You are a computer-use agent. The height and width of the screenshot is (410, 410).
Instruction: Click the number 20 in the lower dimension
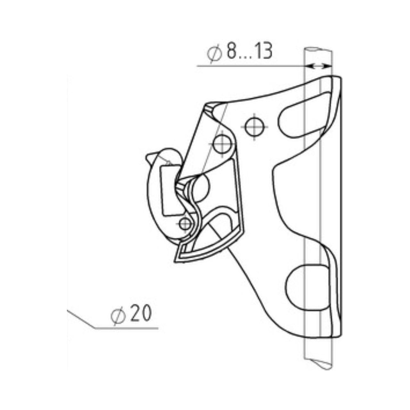click(x=141, y=313)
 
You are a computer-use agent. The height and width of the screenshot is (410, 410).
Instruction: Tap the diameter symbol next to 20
click(x=118, y=316)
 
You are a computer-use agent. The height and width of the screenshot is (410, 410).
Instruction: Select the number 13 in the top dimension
click(x=264, y=51)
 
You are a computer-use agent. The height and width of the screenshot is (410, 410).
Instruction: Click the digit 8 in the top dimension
click(x=231, y=51)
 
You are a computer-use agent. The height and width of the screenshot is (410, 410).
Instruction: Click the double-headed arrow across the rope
click(x=318, y=66)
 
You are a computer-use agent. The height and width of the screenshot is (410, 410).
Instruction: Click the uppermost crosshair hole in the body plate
click(x=255, y=127)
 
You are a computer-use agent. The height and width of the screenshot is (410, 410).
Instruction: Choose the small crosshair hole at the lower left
click(x=185, y=224)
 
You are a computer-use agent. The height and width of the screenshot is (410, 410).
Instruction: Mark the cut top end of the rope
click(x=318, y=49)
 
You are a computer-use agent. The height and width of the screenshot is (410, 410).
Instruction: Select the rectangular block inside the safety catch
click(x=171, y=190)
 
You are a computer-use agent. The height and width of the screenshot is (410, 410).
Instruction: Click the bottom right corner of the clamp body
click(x=340, y=336)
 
